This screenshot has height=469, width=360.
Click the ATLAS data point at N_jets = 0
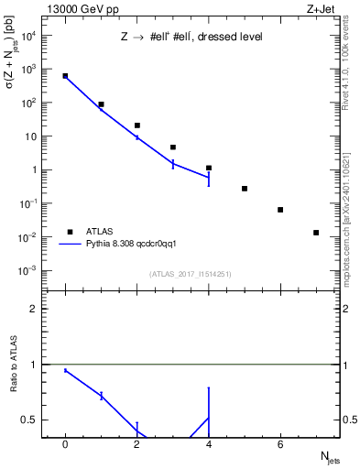coord(65,76)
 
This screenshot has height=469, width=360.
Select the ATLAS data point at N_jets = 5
coord(245,189)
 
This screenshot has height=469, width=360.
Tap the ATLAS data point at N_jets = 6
coord(280,210)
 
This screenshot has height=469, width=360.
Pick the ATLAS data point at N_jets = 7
coord(316,233)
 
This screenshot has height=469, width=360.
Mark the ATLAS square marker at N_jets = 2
coord(136,125)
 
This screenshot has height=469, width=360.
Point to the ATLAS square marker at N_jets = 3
coord(172,147)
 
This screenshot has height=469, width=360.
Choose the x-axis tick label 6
coord(280,444)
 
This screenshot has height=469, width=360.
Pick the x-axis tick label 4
coord(209,444)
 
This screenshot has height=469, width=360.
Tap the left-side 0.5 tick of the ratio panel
coord(35,420)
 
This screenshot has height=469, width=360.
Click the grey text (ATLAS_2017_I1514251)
coord(190,273)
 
